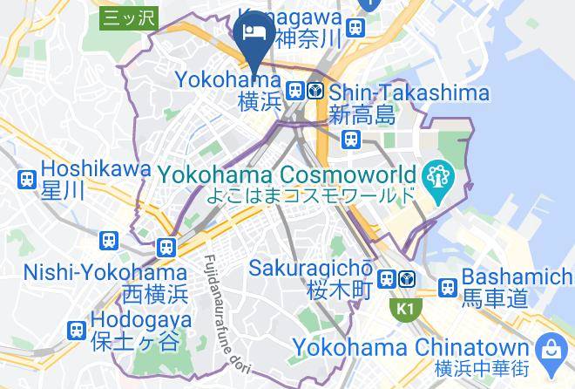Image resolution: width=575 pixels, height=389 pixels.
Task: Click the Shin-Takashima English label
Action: tap(409, 92)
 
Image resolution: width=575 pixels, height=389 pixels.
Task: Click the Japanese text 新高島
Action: tap(362, 115)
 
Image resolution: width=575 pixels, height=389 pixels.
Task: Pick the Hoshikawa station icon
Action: tap(27, 180)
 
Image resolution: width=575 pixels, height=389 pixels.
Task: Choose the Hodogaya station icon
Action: tap(76, 330)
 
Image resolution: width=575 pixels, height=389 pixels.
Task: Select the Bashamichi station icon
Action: tap(448, 287)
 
